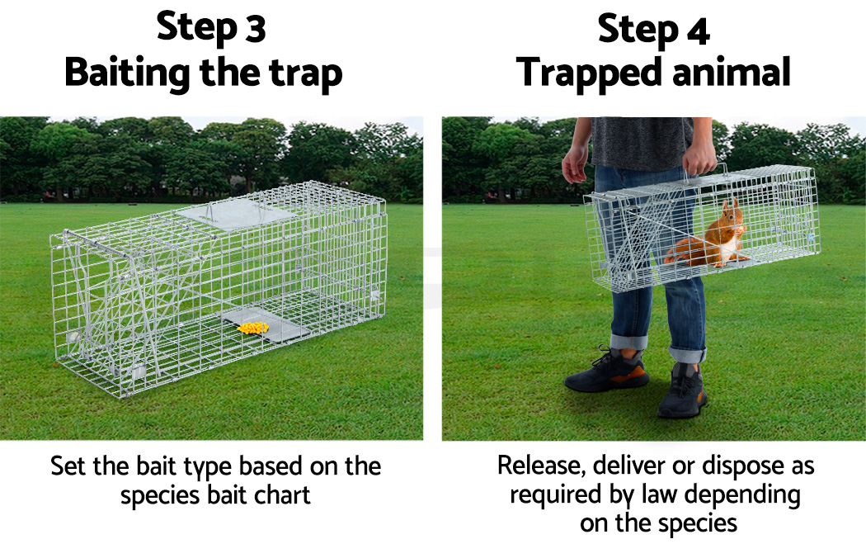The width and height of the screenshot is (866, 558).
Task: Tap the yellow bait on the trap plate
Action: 253,328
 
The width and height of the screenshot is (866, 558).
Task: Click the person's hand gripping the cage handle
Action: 699,157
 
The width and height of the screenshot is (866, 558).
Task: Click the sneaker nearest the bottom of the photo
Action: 682,390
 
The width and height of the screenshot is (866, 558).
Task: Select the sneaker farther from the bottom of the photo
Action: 606,371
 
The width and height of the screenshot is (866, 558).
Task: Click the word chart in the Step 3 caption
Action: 282,494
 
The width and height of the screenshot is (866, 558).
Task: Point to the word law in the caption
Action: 660,494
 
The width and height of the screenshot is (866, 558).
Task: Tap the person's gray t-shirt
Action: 641,142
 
